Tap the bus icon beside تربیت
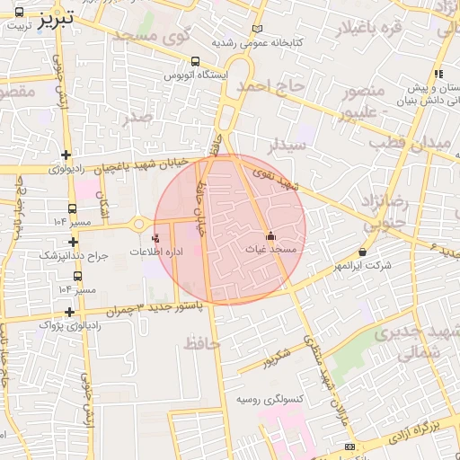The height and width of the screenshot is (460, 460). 20,12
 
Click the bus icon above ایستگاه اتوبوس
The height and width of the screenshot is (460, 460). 195,62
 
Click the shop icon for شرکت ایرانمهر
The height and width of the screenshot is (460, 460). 362,252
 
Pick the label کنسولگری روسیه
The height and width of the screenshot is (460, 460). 270,399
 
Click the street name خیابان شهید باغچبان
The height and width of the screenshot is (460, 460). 146,164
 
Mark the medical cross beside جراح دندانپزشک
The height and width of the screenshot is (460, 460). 73,242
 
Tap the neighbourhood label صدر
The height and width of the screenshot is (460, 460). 137,117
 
